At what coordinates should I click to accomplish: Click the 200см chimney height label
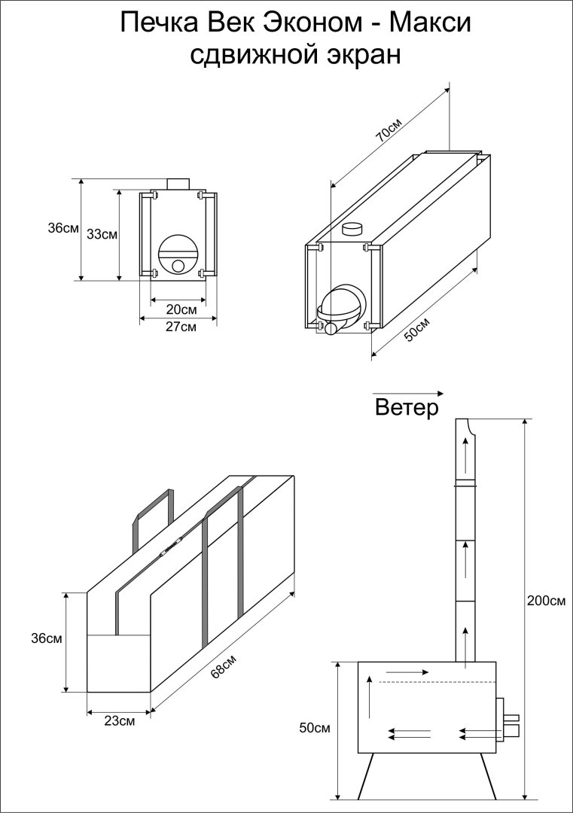click(547, 601)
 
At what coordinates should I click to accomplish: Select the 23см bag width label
click(120, 721)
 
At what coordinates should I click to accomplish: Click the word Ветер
click(406, 409)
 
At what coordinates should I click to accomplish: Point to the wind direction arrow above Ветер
click(408, 393)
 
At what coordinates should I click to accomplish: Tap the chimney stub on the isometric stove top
click(352, 227)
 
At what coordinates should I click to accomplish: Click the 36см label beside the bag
click(47, 638)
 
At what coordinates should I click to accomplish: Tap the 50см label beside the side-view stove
click(315, 728)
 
